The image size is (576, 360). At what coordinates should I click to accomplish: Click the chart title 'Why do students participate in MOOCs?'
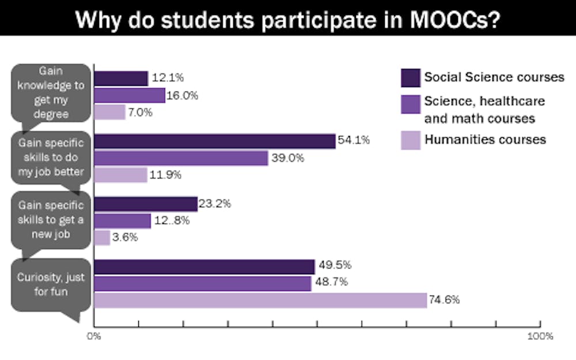coord(287,18)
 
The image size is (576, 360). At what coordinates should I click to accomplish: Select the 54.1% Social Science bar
coord(214,141)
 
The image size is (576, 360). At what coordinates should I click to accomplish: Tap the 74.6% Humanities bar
coord(260,300)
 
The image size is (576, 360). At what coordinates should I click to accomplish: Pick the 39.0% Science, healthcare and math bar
coord(181,158)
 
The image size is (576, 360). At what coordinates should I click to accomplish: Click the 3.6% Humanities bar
coord(102,237)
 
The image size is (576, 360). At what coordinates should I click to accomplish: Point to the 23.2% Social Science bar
coord(146,204)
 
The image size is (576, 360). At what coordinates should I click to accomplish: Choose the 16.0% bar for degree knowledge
coord(130,96)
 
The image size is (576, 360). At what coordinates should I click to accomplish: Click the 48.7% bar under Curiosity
coord(202,283)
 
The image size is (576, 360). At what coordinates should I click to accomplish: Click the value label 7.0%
coord(141,113)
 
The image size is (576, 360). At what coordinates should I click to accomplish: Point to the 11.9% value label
coord(165,175)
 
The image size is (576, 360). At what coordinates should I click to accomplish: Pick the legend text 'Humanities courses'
coord(485,139)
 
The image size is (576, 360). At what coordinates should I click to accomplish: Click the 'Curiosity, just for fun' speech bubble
coord(51,285)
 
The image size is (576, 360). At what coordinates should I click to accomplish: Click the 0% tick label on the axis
coord(93,336)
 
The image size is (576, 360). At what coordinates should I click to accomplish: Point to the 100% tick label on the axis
coord(540,336)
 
